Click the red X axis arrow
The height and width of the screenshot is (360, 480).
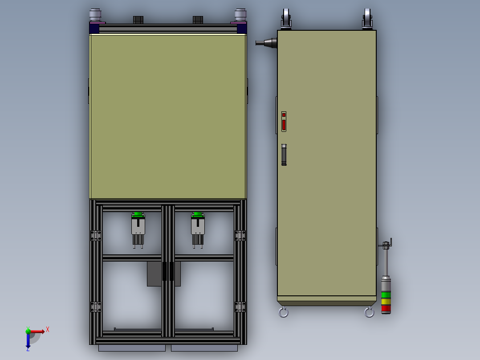pos(37,331)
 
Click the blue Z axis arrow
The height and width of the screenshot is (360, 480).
pos(28,340)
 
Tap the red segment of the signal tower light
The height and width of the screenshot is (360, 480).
pos(386,309)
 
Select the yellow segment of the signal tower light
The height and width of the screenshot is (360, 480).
pos(386,302)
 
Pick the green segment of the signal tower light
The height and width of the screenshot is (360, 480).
pos(386,295)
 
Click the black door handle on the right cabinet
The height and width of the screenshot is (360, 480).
pos(284,155)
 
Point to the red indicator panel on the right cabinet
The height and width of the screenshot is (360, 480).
pos(284,122)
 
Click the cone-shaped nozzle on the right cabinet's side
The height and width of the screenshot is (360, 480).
pos(266,43)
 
